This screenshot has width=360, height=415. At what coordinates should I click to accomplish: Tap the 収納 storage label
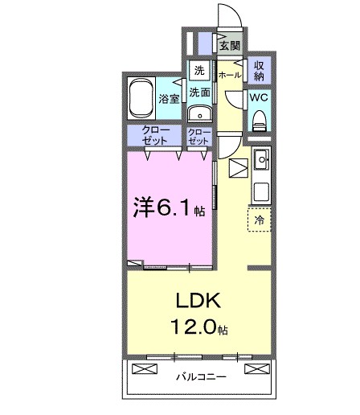pos(259,70)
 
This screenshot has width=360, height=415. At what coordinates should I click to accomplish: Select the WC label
pos(259,97)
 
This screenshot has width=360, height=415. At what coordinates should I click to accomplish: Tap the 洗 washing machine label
pos(199,70)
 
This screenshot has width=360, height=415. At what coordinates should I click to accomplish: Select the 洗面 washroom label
pos(200,92)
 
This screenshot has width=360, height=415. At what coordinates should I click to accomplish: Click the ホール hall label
pos(229,75)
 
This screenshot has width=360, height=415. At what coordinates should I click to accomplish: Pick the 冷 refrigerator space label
pos(259,218)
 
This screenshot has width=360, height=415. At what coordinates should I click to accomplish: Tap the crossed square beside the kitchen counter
pos(238,170)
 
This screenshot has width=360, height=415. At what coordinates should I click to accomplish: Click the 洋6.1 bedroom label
pos(164,208)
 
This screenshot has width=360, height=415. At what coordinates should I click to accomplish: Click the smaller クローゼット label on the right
pos(198,135)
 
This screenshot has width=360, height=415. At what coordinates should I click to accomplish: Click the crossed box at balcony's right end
pos(256,369)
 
